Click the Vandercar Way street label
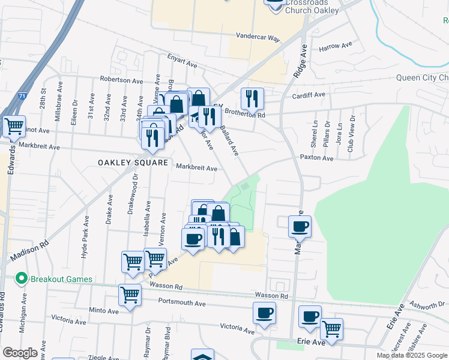click(x=258, y=37)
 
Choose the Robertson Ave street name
click(x=121, y=80)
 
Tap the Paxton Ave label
click(x=317, y=158)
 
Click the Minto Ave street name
click(x=104, y=311)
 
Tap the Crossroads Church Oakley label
click(x=312, y=7)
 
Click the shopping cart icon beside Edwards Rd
click(x=14, y=126)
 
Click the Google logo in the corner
click(x=20, y=353)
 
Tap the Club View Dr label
click(x=351, y=139)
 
